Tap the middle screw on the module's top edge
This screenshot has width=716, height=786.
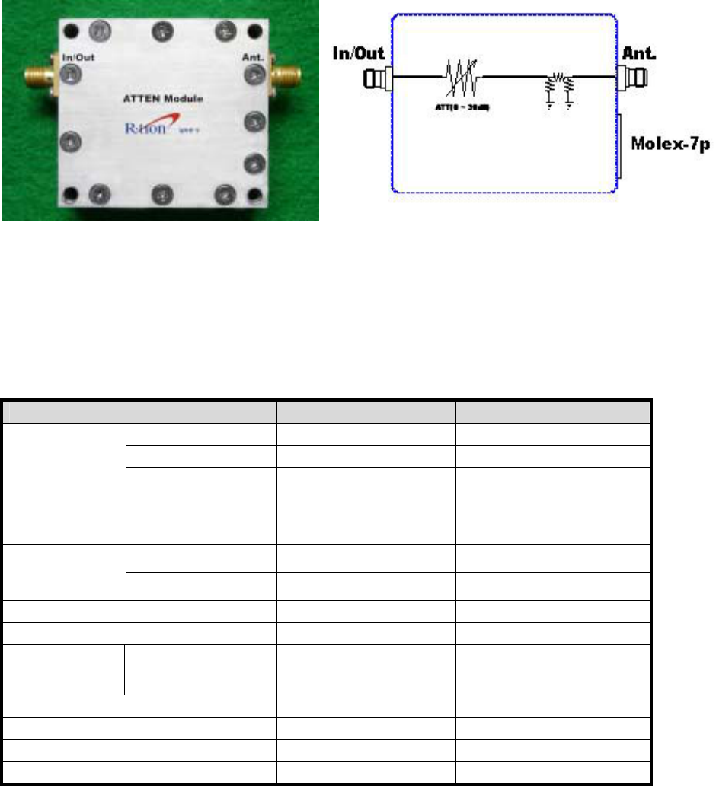162,31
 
